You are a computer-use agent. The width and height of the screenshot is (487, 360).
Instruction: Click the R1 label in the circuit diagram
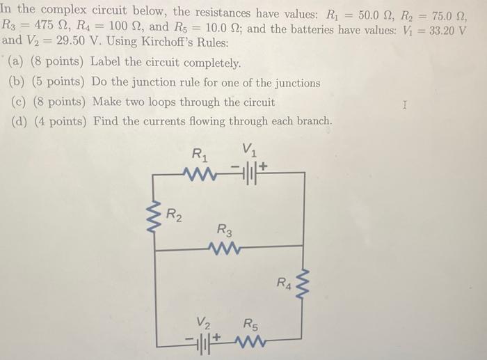(200, 153)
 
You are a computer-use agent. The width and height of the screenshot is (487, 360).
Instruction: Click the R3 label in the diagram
(225, 228)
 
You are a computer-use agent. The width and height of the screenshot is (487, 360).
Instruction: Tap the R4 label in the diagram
(284, 283)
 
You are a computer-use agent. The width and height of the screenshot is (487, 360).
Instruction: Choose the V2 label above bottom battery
(203, 323)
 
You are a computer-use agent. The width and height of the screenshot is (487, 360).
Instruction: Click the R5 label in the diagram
(251, 323)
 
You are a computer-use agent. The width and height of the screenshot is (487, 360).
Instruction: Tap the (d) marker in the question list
(21, 121)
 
